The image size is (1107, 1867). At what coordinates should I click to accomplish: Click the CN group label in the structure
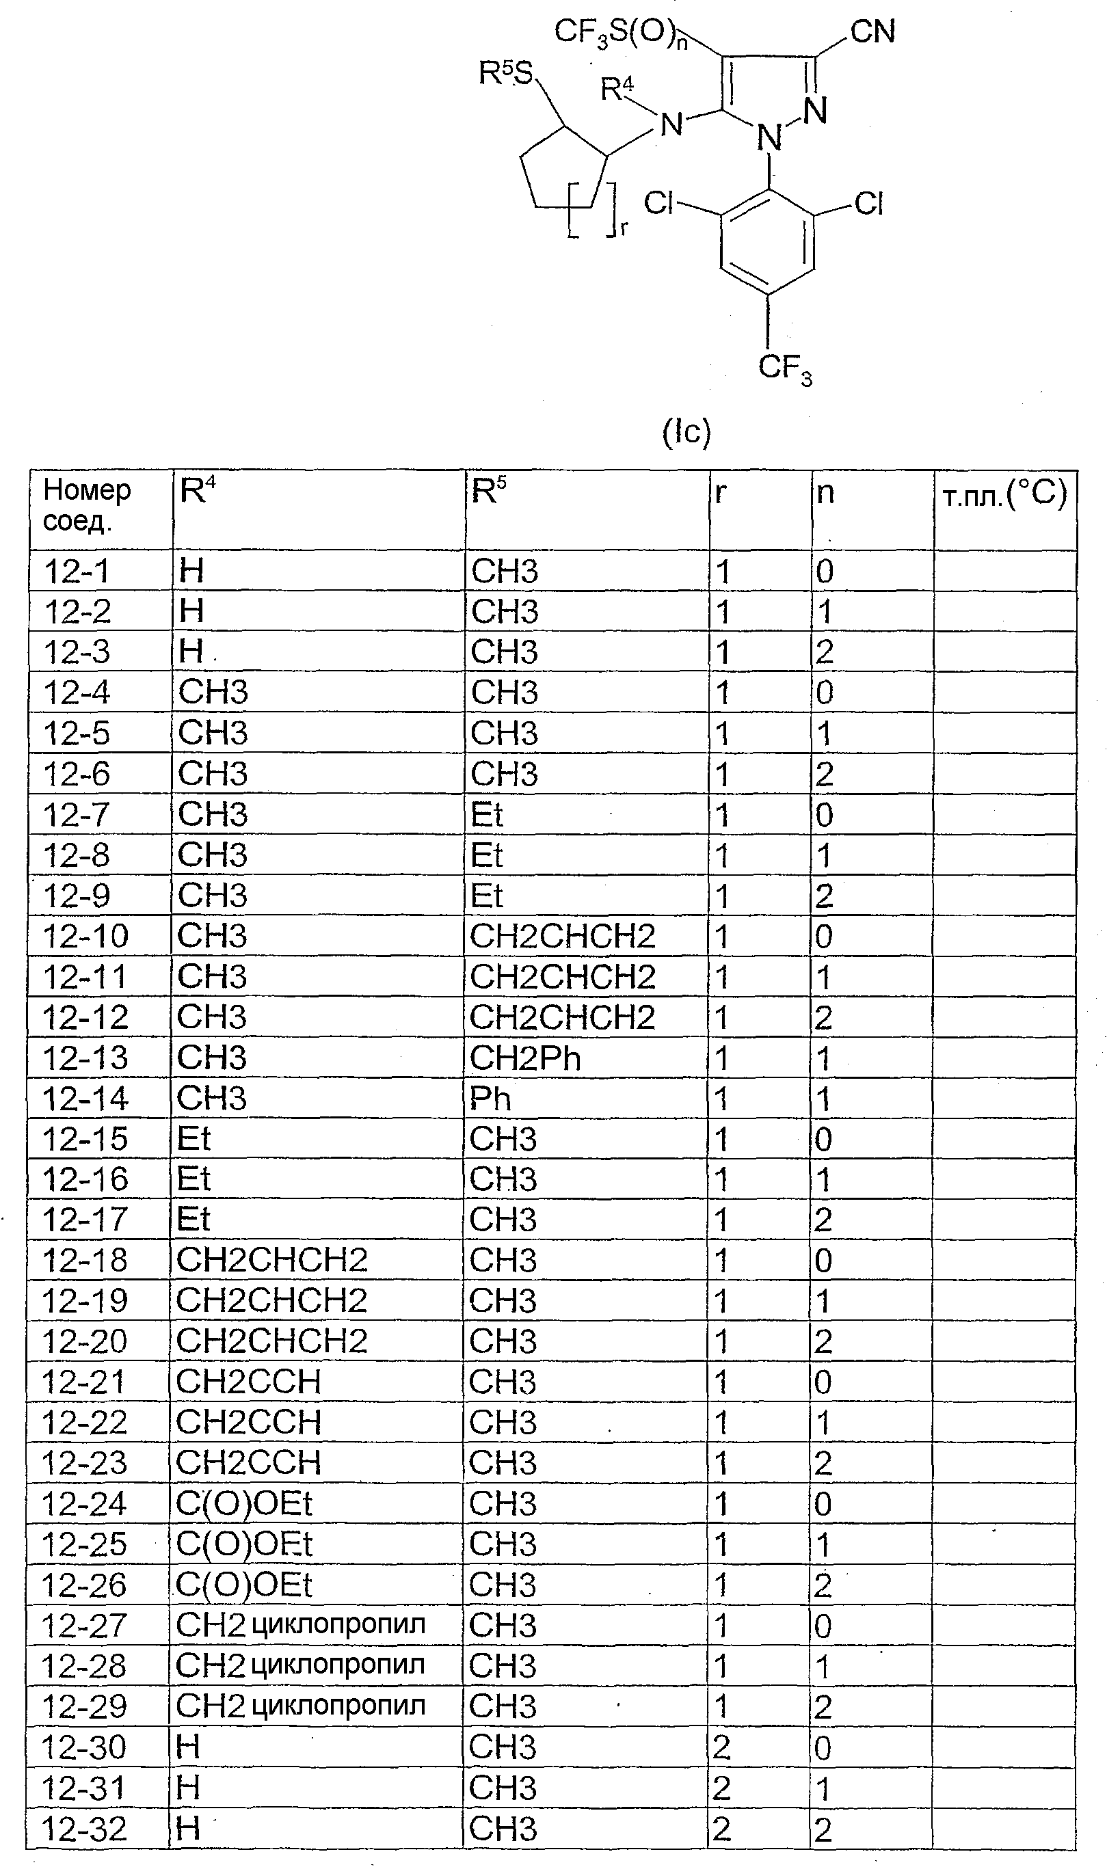point(872,33)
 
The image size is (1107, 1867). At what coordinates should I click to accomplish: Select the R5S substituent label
point(506,74)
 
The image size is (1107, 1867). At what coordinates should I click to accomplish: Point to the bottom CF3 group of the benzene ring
point(785,368)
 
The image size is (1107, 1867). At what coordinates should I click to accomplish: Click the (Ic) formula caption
point(686,433)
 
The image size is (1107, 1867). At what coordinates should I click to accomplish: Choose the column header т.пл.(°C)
point(1004,494)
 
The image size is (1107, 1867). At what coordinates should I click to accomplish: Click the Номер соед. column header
point(87,505)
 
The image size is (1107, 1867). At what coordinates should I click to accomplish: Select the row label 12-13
point(85,1058)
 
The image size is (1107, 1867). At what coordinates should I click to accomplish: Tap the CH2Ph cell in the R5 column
point(525,1058)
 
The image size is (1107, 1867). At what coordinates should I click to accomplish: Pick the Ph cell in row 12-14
point(490,1099)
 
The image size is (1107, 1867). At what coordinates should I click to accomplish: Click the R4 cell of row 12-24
point(244,1504)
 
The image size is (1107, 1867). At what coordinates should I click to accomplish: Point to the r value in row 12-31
point(721,1788)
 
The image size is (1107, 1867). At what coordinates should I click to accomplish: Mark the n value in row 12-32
point(823,1829)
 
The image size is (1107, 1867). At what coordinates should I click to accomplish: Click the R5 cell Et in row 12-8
point(487,855)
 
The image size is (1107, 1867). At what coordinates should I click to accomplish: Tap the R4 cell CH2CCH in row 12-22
point(248,1423)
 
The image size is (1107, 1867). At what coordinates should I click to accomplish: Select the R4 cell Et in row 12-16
point(194,1179)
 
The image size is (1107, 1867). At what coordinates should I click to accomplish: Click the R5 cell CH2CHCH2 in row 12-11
point(563,977)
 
